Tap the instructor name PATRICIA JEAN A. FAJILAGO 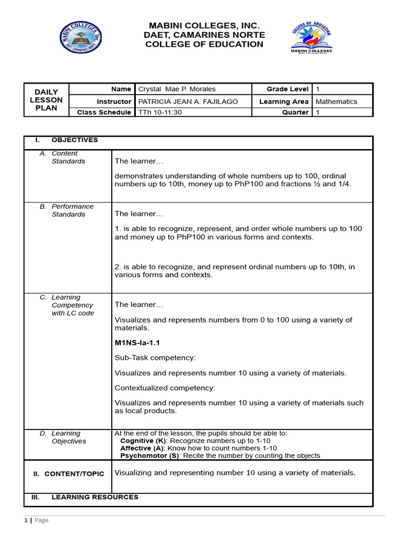188,101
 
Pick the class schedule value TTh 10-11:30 159,112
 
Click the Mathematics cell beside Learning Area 337,101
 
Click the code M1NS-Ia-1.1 137,343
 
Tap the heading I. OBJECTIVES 67,140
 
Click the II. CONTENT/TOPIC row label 69,474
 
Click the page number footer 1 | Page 36,520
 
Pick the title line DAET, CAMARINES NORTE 204,35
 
